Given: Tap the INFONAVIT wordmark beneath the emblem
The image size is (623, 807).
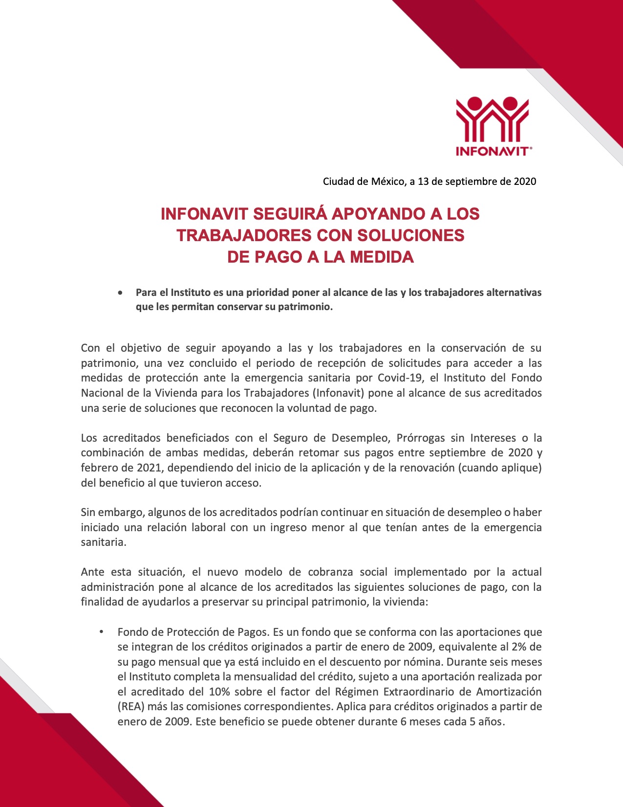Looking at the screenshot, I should [492, 152].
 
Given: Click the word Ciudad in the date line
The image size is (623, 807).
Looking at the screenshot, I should [339, 181].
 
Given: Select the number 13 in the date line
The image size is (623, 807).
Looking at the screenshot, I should [423, 181].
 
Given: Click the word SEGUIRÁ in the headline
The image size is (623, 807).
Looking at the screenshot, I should [289, 214].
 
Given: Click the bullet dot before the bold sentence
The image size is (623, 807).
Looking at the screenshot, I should [120, 293].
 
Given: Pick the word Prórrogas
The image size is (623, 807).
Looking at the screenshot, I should [420, 437].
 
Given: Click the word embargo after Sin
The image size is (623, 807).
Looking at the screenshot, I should [120, 512].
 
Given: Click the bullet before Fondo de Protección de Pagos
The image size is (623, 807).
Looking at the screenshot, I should [102, 632].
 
